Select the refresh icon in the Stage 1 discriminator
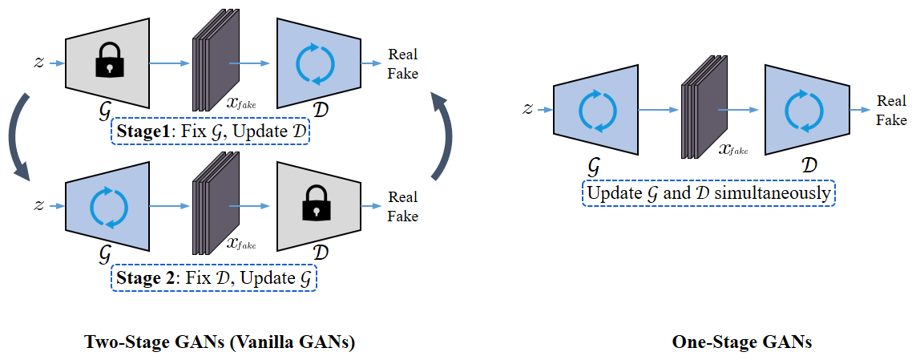313,64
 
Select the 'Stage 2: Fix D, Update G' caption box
213,278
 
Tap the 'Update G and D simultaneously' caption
708,194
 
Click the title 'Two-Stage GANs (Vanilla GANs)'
220,342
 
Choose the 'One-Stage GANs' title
742,342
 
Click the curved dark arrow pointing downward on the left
18,136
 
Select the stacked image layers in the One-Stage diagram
700,109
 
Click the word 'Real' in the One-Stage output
891,101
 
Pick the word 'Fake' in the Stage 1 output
403,74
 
